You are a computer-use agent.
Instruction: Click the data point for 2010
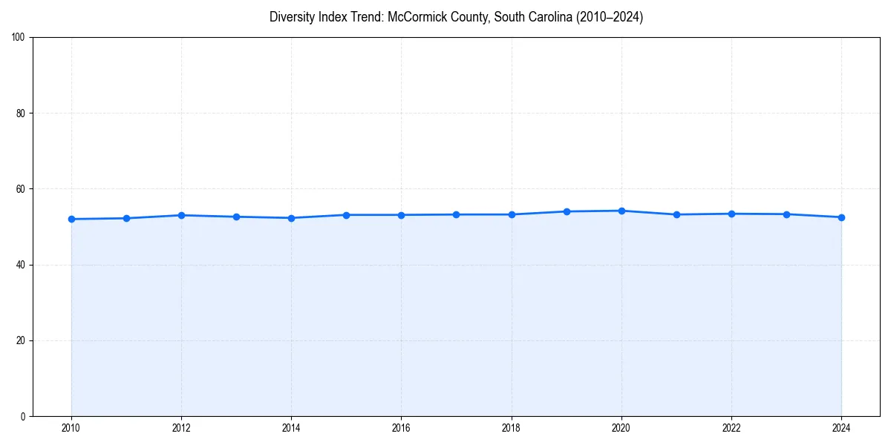[71, 219]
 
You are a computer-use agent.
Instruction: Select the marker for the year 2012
[181, 215]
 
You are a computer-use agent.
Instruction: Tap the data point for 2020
[621, 211]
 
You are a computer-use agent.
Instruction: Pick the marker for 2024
[841, 217]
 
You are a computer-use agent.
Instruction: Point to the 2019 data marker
[567, 211]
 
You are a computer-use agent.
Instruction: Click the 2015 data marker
[346, 215]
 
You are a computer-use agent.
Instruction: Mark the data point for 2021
[676, 214]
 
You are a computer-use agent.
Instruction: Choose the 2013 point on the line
[236, 217]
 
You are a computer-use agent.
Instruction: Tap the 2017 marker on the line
[456, 214]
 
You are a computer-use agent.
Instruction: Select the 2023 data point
[786, 214]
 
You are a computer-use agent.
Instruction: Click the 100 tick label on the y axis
[19, 38]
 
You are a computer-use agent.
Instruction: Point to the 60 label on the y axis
[21, 189]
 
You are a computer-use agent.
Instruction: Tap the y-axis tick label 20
[21, 340]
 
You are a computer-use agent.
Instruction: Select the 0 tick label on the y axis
[23, 416]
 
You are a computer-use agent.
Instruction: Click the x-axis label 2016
[401, 427]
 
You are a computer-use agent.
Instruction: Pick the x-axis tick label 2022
[731, 427]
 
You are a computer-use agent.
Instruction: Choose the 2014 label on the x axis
[291, 427]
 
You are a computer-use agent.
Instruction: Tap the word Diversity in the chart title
[292, 17]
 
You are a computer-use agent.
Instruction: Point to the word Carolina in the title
[547, 17]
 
